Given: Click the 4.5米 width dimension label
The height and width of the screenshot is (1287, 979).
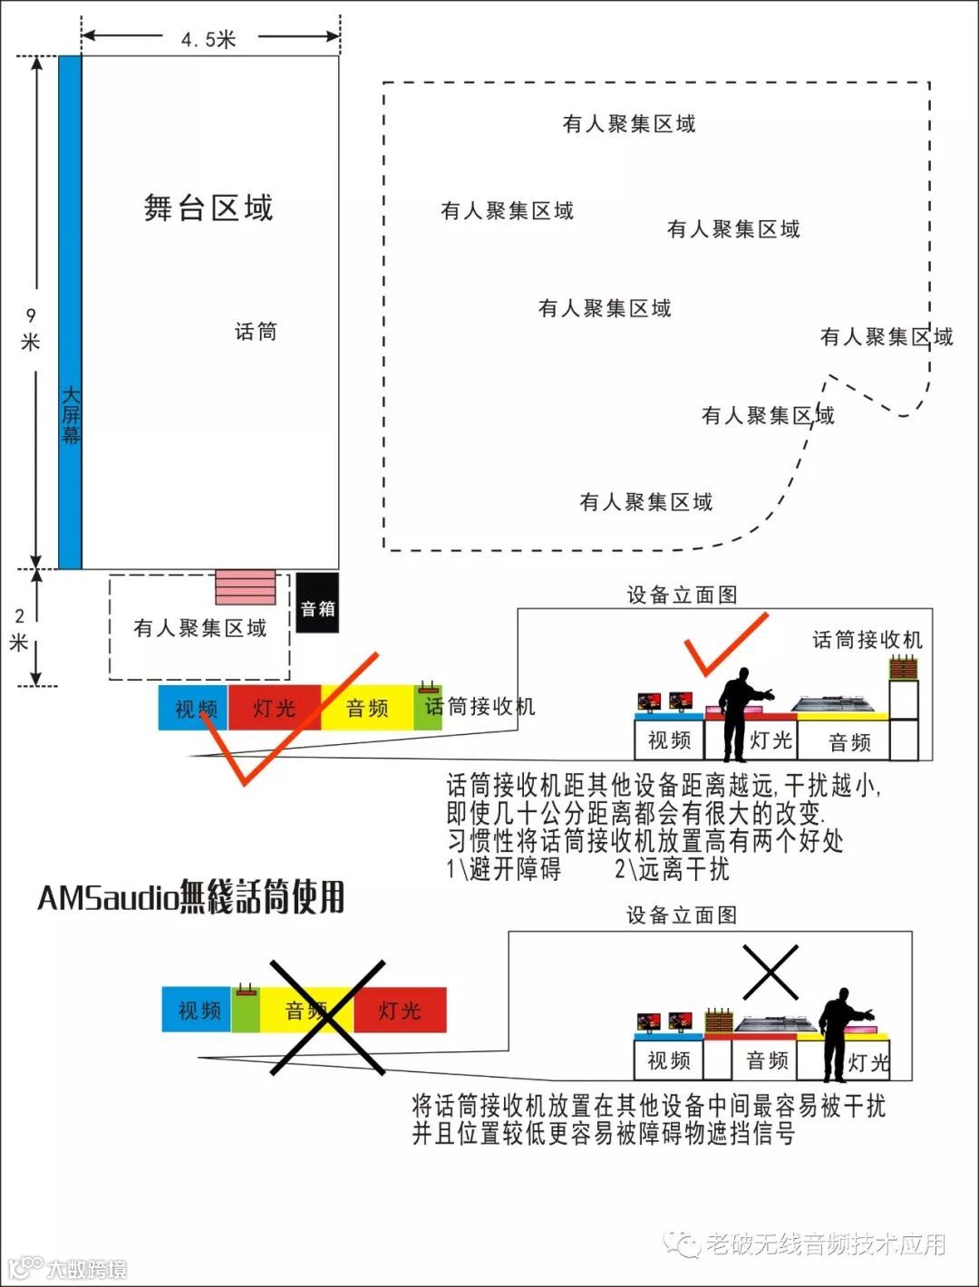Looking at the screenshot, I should [208, 39].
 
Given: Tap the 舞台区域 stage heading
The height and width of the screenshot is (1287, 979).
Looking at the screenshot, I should [208, 208].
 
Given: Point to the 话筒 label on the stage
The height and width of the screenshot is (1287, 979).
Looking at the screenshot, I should [256, 332].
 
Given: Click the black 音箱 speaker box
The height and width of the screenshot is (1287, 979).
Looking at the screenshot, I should [317, 603].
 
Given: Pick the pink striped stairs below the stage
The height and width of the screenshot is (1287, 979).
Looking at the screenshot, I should [245, 587].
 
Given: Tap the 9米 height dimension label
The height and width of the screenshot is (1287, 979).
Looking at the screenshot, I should [31, 328].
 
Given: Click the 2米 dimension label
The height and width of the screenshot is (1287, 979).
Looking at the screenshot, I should [19, 629].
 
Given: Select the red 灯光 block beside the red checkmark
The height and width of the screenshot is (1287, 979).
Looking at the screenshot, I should [274, 708].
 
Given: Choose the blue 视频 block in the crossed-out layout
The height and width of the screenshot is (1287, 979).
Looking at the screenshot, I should [197, 1010].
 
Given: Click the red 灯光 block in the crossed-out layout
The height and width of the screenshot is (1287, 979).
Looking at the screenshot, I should [400, 1010].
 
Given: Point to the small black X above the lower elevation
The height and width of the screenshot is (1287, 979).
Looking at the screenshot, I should [770, 972].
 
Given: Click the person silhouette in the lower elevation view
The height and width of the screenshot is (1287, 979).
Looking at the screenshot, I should [839, 1033].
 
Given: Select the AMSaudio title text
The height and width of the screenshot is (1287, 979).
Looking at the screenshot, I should [191, 897].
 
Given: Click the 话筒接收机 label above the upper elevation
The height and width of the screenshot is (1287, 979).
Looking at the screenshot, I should [867, 640].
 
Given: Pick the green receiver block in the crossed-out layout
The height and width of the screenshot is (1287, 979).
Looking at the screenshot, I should [246, 1010].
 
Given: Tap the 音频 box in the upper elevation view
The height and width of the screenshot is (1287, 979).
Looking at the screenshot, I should [849, 742].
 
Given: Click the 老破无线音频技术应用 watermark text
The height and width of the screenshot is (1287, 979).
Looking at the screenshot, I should [825, 1244].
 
